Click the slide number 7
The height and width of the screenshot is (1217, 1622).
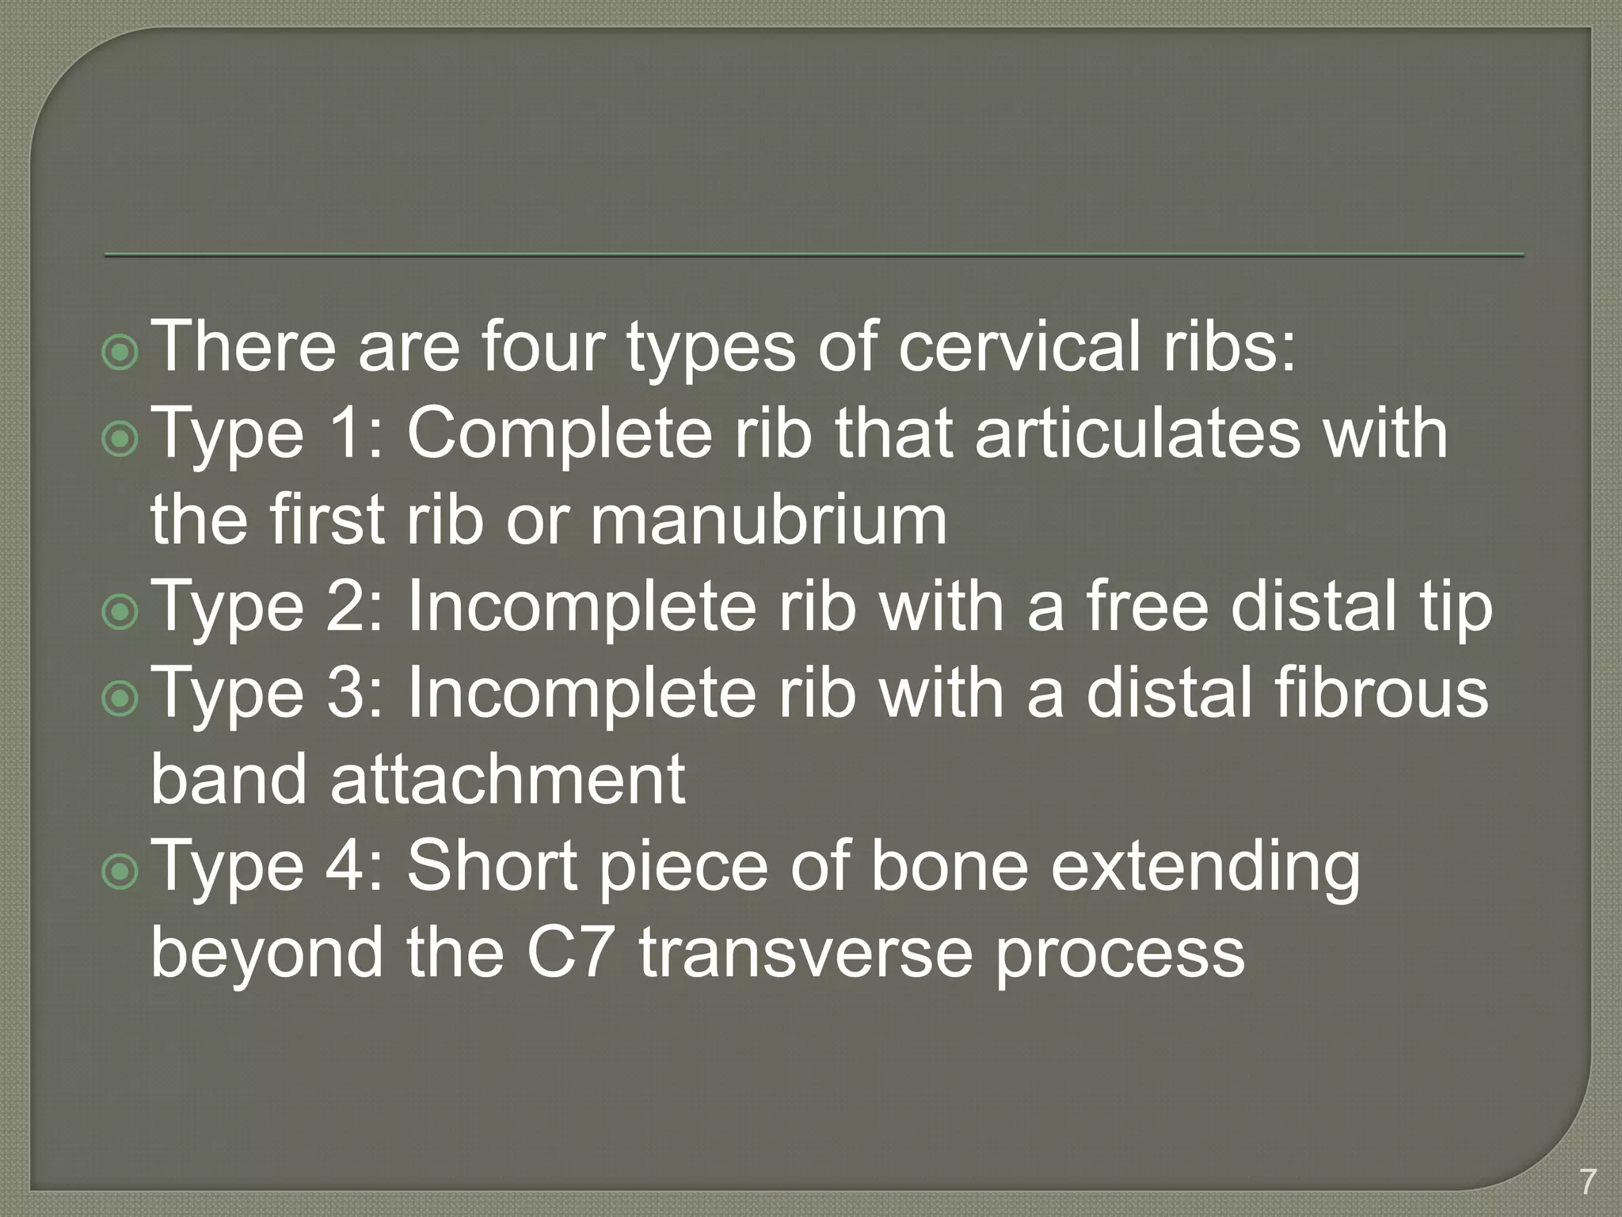point(1587,1182)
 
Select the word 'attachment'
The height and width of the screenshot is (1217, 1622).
point(508,779)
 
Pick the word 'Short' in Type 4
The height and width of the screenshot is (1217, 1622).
point(492,865)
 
